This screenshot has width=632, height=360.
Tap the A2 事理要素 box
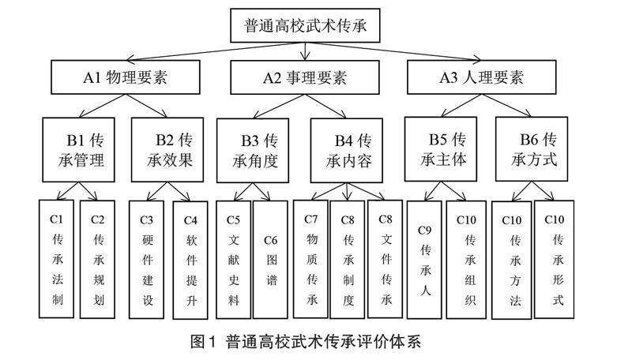pyautogui.click(x=307, y=78)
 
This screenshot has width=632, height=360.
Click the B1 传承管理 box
pyautogui.click(x=85, y=149)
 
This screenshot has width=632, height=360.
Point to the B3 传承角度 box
pyautogui.click(x=258, y=149)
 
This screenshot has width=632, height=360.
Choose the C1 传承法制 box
pyautogui.click(x=57, y=258)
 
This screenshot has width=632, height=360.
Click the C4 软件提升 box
pyautogui.click(x=190, y=259)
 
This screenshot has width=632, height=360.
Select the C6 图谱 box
pyautogui.click(x=270, y=259)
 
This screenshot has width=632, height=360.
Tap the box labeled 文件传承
pyautogui.click(x=386, y=259)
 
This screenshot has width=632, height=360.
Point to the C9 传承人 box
pyautogui.click(x=423, y=259)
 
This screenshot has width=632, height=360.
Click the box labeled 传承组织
pyautogui.click(x=465, y=259)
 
